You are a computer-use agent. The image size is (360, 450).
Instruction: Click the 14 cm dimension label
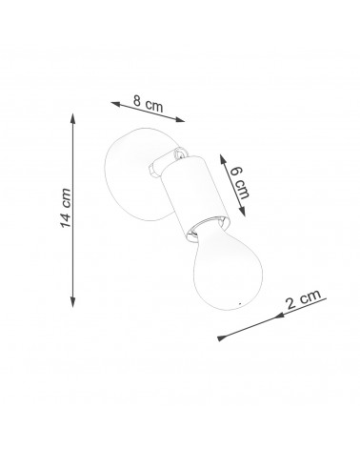(x=66, y=208)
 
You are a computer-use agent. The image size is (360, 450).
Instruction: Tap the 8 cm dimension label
(x=149, y=103)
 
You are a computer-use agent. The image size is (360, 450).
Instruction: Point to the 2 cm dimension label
(x=304, y=298)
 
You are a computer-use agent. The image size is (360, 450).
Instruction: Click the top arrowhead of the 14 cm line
(x=73, y=118)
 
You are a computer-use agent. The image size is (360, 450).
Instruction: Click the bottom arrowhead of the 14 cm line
(x=73, y=302)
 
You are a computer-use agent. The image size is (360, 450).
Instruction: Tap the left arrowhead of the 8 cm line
(x=115, y=104)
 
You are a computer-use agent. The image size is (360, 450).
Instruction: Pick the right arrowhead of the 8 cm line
(x=180, y=120)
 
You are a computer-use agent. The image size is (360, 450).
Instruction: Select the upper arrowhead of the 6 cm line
(x=223, y=159)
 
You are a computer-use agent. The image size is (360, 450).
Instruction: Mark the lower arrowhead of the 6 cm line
(x=242, y=212)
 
